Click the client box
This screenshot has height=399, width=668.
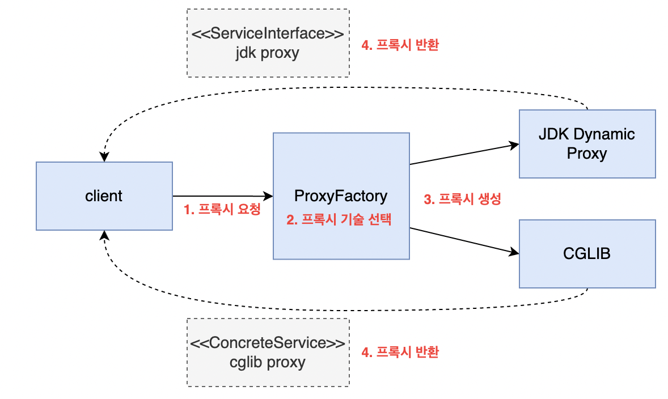pos(104,196)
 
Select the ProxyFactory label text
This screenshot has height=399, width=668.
pos(341,196)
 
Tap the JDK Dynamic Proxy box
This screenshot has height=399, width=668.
pos(587,144)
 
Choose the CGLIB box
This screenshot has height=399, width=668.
pos(587,253)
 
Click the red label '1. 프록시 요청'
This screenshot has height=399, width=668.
pos(222,209)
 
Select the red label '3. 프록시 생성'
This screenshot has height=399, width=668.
pos(462,199)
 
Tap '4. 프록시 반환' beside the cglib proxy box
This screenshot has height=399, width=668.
pos(400,352)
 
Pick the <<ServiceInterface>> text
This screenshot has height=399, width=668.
pos(268,33)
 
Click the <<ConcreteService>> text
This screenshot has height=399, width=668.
pos(268,343)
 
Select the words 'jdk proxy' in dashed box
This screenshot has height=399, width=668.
pos(268,53)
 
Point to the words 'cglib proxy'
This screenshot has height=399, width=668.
pos(268,362)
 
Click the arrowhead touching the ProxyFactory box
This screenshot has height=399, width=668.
pos(269,196)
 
